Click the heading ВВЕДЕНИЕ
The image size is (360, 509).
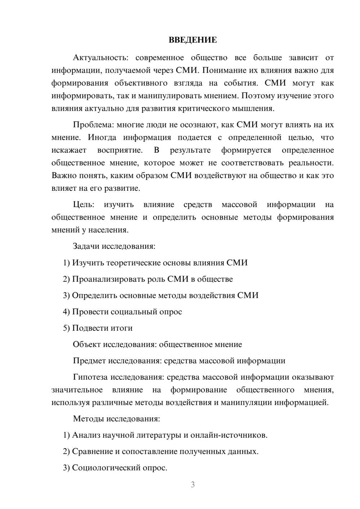click(x=193, y=40)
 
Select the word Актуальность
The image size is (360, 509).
click(x=99, y=58)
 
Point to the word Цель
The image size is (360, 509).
click(x=84, y=205)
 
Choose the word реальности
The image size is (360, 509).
click(x=311, y=163)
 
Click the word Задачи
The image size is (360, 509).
click(x=86, y=247)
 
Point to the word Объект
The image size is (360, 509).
click(x=87, y=344)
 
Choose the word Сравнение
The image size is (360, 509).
click(x=93, y=451)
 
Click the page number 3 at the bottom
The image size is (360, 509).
click(x=193, y=485)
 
